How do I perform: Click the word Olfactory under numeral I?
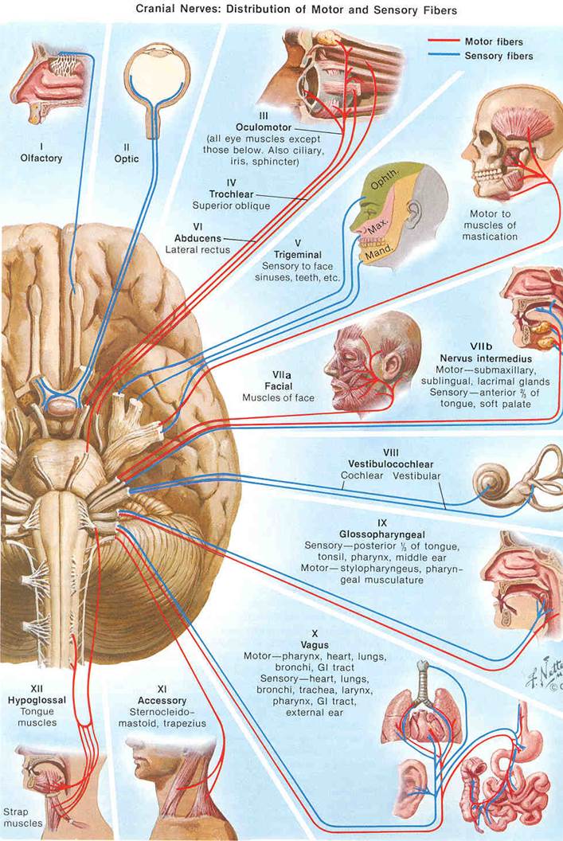point(41,158)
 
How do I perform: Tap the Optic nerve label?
point(127,158)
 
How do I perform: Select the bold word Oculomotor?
point(264,127)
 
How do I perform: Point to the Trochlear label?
point(231,194)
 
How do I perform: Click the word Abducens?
point(197,238)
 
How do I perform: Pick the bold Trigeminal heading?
point(298,255)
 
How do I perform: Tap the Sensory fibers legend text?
point(498,56)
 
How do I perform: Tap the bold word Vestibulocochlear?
point(390,464)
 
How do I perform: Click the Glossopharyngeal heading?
point(381,534)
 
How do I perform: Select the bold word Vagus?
point(315,645)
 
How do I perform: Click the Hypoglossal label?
point(37,700)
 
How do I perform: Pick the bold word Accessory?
point(162,701)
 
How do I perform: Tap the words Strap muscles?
point(22,817)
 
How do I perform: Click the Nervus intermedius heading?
point(486,358)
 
